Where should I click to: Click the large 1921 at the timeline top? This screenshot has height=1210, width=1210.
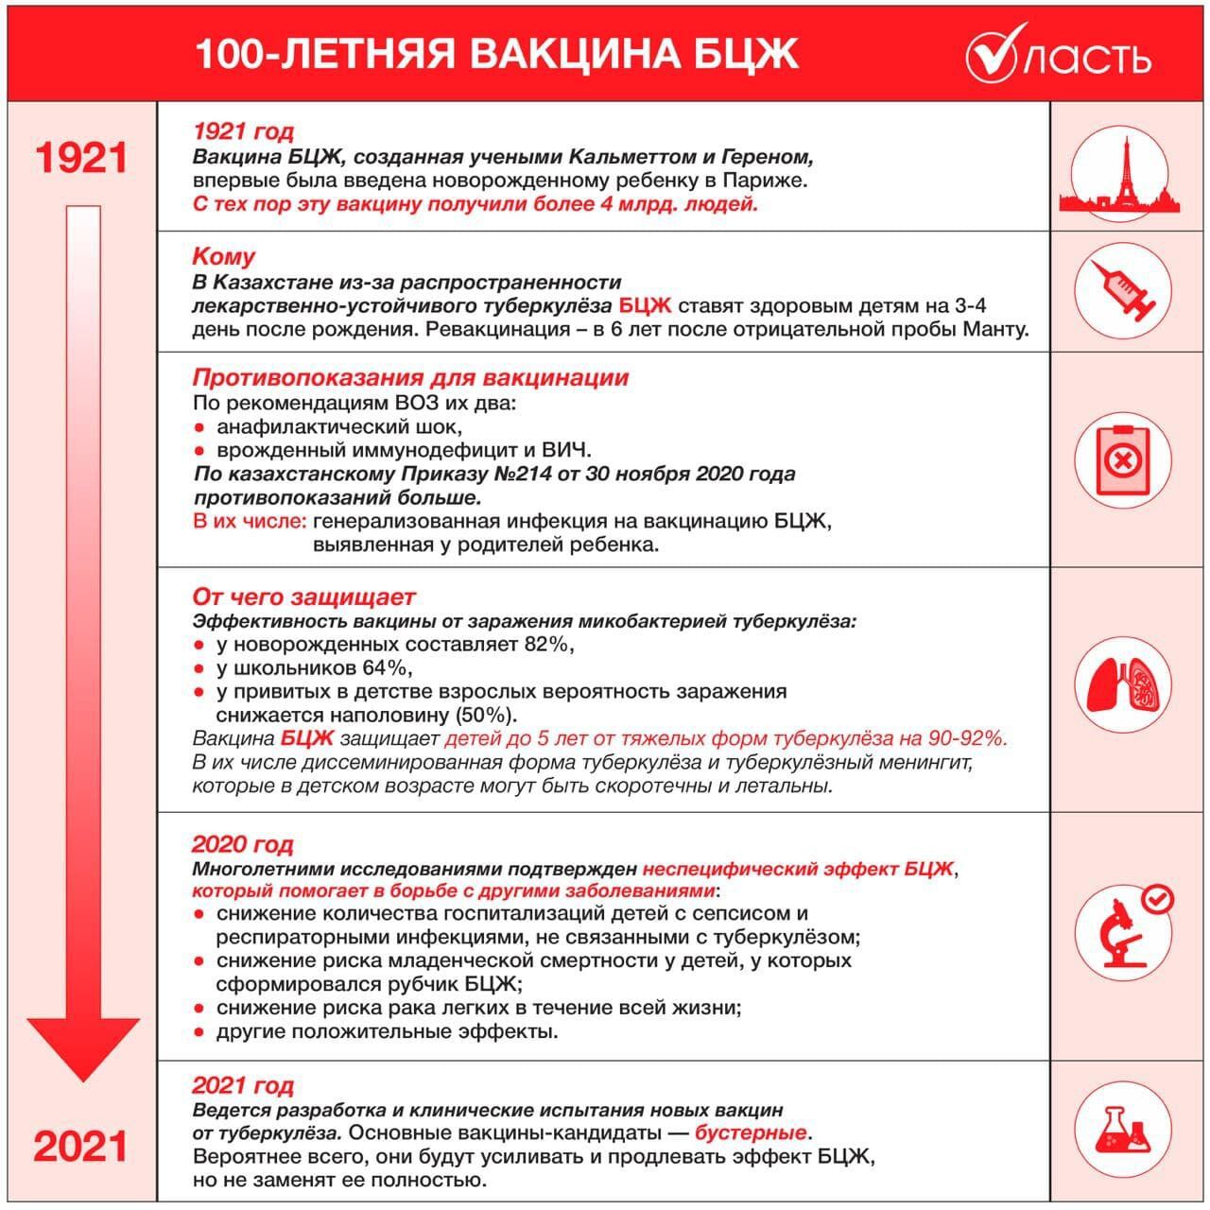[81, 157]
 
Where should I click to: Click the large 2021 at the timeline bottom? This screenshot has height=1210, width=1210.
[81, 1146]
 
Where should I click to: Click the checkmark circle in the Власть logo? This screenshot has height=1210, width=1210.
[991, 54]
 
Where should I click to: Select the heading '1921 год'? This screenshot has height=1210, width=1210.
[243, 131]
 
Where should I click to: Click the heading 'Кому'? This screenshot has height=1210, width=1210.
[224, 256]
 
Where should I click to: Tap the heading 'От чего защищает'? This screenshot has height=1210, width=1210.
[303, 596]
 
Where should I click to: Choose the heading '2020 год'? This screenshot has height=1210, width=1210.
[243, 843]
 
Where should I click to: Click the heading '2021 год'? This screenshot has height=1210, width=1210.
[243, 1085]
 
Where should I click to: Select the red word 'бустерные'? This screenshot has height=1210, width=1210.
[751, 1132]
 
